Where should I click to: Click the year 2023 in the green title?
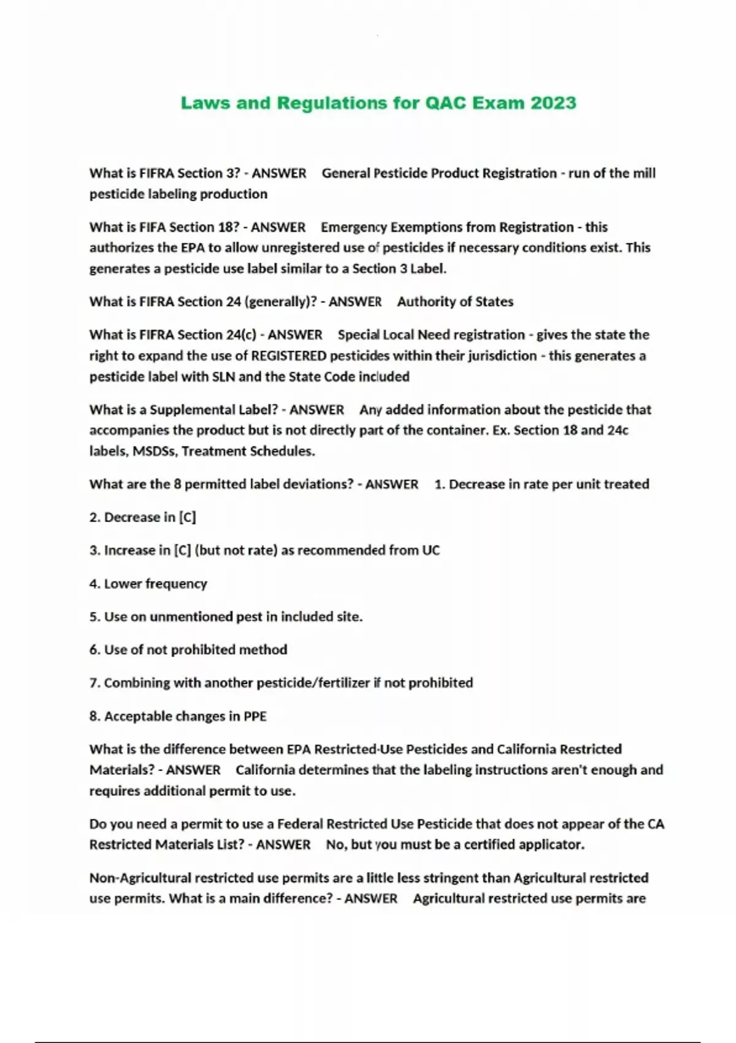pos(553,102)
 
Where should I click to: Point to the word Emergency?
pos(354,227)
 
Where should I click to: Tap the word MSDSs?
pos(155,451)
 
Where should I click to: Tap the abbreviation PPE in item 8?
pos(255,716)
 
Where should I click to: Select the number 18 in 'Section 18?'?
pos(224,227)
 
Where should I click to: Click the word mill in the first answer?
pos(644,173)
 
